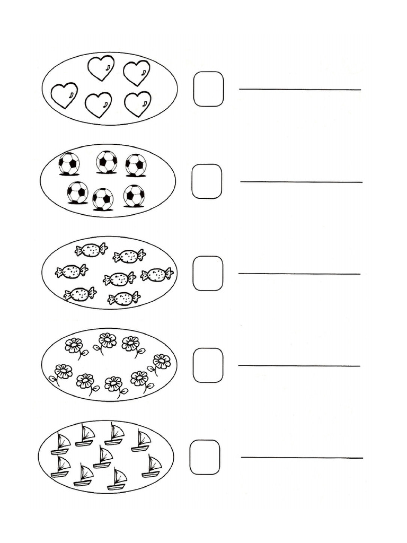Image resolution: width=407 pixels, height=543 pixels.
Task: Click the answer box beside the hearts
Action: (x=208, y=89)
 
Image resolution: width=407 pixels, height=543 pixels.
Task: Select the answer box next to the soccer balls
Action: (x=207, y=181)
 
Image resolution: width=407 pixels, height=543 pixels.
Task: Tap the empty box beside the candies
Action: (x=208, y=273)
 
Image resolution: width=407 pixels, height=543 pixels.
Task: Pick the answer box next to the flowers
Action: (x=208, y=365)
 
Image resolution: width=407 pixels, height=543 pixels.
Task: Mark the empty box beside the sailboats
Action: (x=205, y=457)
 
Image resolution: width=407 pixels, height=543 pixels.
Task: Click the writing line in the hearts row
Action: (x=300, y=90)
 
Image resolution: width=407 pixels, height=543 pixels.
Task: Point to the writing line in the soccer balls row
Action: (x=301, y=182)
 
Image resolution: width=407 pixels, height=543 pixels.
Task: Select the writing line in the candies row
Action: (x=299, y=274)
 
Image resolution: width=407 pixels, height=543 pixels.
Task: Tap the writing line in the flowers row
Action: (x=299, y=365)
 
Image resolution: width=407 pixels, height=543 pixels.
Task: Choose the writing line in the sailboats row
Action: (x=302, y=458)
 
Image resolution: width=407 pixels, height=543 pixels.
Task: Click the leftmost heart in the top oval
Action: (x=64, y=95)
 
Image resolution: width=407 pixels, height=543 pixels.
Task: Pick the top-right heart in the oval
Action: (x=137, y=72)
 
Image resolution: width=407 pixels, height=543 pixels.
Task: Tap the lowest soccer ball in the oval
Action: (x=103, y=199)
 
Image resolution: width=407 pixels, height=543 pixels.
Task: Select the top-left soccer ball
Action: (x=69, y=163)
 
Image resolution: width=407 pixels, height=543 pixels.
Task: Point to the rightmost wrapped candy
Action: (x=157, y=274)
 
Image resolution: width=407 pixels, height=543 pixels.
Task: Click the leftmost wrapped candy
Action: (x=72, y=271)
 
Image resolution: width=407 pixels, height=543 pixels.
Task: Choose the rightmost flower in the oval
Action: (x=161, y=363)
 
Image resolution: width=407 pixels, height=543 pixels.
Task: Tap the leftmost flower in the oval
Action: (x=62, y=372)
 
